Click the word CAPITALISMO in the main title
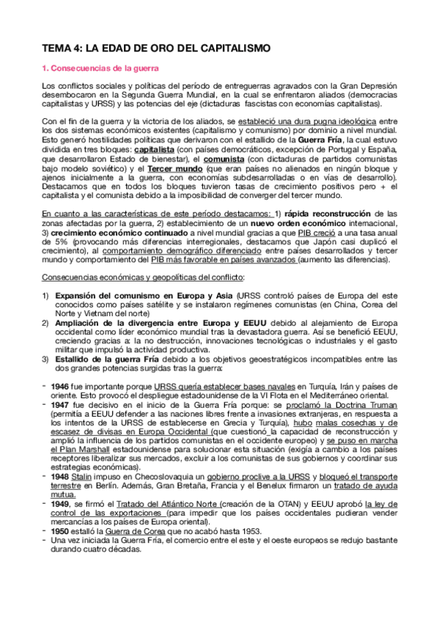230,48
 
